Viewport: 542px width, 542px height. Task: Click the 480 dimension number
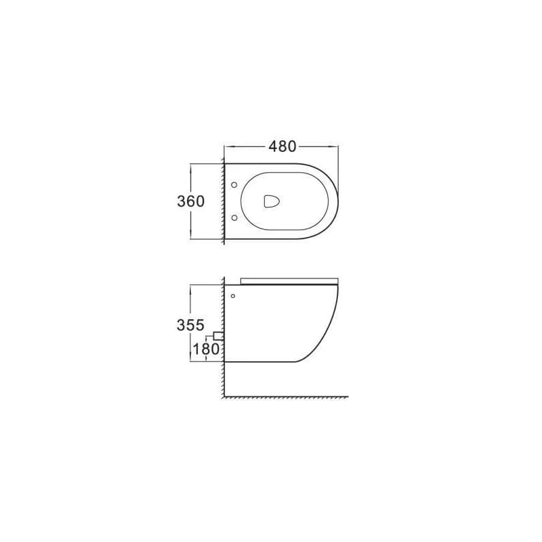point(283,146)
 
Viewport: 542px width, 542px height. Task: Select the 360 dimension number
point(191,201)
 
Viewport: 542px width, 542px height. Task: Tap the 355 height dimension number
point(190,325)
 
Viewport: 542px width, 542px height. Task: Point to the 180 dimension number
point(206,349)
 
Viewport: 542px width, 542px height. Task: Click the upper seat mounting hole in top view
point(234,185)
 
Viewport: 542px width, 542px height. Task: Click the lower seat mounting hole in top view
point(234,217)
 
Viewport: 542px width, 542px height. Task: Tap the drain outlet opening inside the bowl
point(272,201)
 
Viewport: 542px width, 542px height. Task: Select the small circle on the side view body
point(232,296)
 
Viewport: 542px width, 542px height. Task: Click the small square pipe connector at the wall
point(218,336)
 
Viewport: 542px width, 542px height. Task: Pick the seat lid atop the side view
point(289,280)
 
